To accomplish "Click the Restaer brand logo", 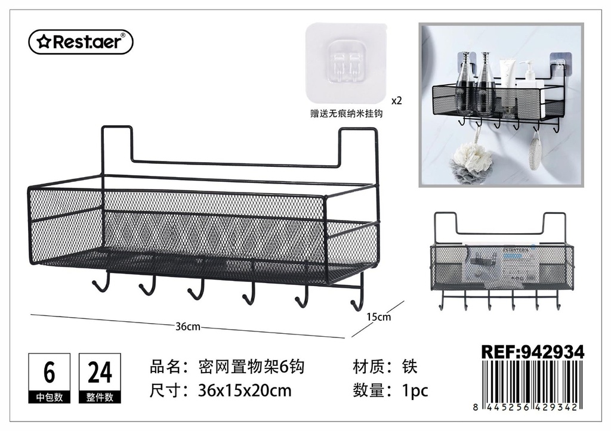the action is [x=81, y=42].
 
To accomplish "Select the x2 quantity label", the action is [x=396, y=101].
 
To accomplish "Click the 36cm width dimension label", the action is [x=187, y=326].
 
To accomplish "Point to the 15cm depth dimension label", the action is [x=378, y=317].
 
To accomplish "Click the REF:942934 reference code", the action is [x=533, y=352].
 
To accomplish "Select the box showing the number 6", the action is [x=50, y=378].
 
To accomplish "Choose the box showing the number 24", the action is [x=100, y=378].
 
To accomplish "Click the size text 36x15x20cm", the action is [x=245, y=390].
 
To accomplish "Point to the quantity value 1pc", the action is [x=415, y=390].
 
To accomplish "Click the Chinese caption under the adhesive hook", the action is [x=347, y=114].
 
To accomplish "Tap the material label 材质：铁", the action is [x=385, y=367].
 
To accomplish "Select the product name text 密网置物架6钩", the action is [x=251, y=367].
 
